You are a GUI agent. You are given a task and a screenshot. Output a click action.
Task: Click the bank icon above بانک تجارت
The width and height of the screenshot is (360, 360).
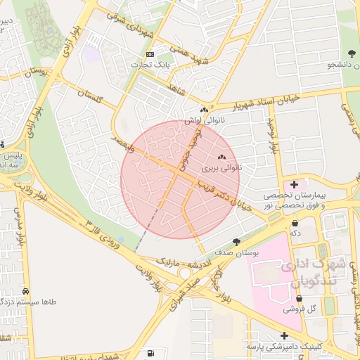pyautogui.click(x=150, y=55)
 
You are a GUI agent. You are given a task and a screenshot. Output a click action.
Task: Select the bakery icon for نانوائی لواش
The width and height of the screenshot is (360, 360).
pyautogui.click(x=205, y=110)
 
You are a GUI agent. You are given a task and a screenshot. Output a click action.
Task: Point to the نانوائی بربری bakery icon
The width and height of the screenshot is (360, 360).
pyautogui.click(x=222, y=157)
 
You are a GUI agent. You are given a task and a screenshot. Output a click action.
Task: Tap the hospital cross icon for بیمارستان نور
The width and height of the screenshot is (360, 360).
pyautogui.click(x=295, y=184)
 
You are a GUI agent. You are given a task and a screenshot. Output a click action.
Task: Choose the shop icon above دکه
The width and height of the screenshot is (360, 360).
pyautogui.click(x=295, y=223)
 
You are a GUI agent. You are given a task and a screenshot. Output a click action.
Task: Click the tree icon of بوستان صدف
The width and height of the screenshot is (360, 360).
pyautogui.click(x=236, y=241)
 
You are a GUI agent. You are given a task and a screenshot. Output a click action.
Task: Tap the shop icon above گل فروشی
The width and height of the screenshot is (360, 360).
pyautogui.click(x=300, y=298)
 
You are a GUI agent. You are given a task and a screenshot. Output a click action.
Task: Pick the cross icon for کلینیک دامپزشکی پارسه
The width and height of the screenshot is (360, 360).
pyautogui.click(x=284, y=335)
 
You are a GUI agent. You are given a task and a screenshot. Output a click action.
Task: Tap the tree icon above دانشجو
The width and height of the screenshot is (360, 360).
pyautogui.click(x=349, y=53)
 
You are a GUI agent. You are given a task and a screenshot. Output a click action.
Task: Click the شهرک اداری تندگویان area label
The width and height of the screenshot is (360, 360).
pyautogui.click(x=313, y=271)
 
